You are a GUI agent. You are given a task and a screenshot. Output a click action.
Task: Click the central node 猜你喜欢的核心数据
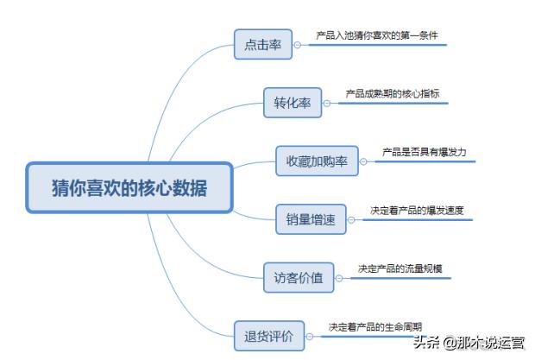click(129, 187)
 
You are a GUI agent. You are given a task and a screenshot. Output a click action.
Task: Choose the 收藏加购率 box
click(317, 161)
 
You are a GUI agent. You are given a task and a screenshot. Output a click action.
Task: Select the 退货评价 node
click(269, 335)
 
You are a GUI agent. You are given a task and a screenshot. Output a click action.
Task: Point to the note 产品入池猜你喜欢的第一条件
click(377, 36)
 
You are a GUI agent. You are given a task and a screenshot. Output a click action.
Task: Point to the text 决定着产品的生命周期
click(374, 326)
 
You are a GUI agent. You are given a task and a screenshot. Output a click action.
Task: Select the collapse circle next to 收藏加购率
click(363, 161)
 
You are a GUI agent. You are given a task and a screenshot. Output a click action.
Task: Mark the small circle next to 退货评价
click(313, 335)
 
